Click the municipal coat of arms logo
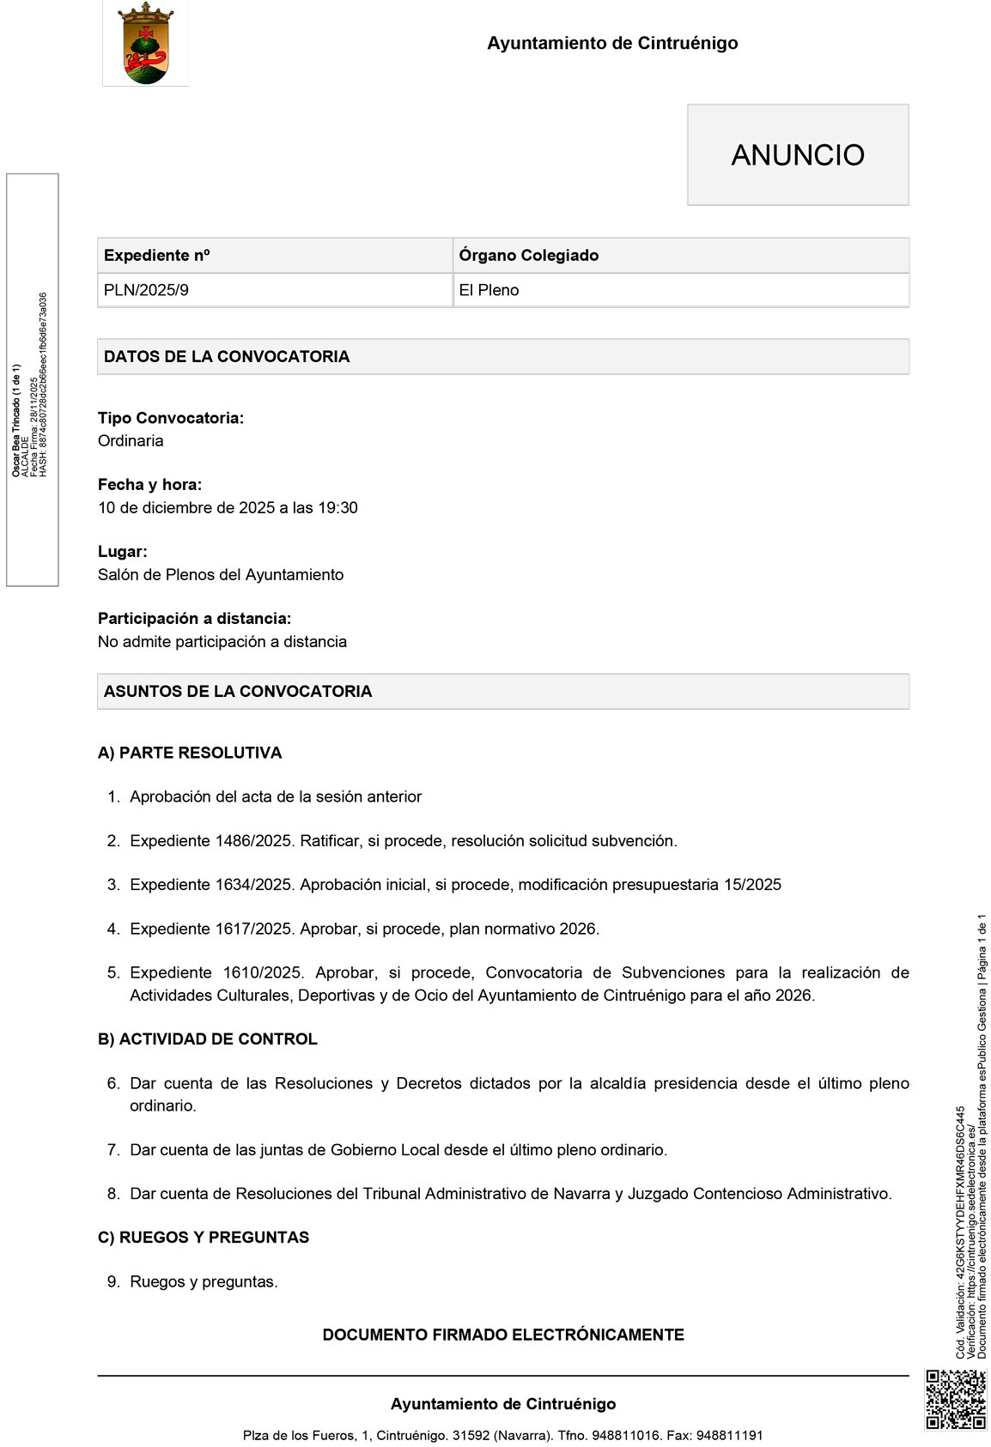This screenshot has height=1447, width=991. pos(145,44)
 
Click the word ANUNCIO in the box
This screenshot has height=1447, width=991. pos(798,155)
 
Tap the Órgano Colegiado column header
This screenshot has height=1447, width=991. pos(528,256)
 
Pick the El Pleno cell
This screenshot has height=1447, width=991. pos(489,290)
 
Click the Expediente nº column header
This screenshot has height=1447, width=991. pos(156,256)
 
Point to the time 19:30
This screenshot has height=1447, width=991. pos(337,508)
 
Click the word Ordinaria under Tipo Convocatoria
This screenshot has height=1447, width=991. pos(131,441)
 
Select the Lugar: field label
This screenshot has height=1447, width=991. pos(123,552)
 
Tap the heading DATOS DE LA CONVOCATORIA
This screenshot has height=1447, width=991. pos(227,357)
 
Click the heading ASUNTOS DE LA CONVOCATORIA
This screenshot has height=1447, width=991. pos(238,692)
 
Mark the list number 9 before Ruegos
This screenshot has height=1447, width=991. pos(112,1282)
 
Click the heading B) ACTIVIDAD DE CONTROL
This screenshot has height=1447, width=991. pos(208,1039)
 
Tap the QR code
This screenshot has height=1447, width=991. pos(955,1399)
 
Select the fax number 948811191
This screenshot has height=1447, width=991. pos(729,1435)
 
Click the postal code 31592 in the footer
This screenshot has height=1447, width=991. pos(471,1435)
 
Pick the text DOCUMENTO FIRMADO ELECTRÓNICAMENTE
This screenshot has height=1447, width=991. pos(503,1335)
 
